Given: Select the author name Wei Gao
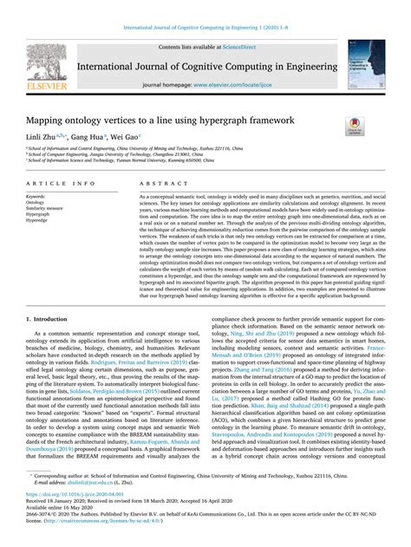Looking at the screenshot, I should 127,137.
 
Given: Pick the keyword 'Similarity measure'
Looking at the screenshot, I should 44,209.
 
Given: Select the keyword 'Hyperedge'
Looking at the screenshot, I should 37,221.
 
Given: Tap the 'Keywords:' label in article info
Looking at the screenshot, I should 36,197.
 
